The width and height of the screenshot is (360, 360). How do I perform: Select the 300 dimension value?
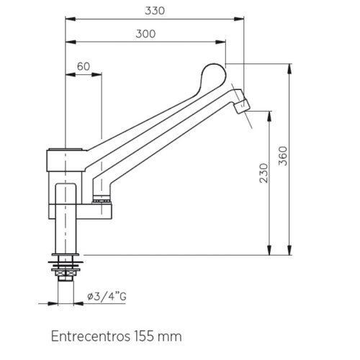coord(146,34)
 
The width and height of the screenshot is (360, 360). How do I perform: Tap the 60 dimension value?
coord(83,66)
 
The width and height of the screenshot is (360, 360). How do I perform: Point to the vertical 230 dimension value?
coord(264,173)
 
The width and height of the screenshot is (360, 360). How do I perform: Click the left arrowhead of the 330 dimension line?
coord(68,20)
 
